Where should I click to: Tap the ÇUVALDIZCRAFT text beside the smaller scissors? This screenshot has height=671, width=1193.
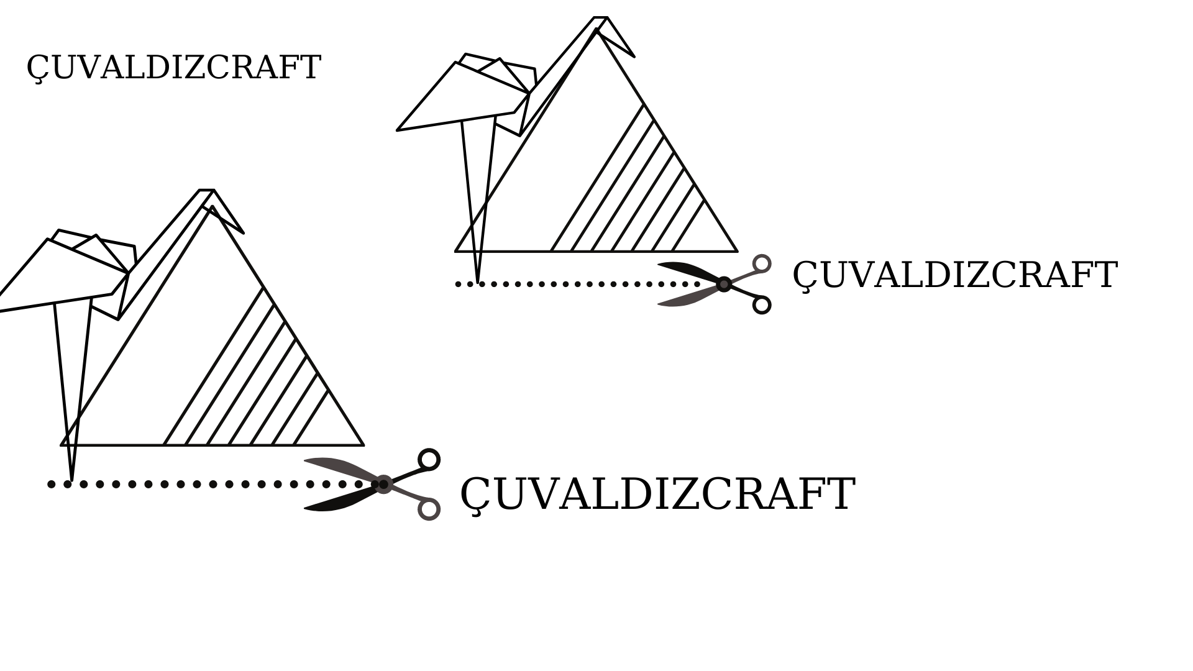click(x=954, y=275)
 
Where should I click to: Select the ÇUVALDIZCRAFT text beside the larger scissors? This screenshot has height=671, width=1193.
click(x=657, y=495)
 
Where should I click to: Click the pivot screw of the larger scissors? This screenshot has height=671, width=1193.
click(x=384, y=484)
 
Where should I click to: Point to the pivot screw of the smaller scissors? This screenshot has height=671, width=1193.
click(x=724, y=284)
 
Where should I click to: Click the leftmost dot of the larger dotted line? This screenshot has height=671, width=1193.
click(x=52, y=484)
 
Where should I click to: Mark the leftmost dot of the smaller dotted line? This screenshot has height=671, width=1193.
click(x=459, y=284)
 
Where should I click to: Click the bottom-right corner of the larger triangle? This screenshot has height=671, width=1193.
click(x=363, y=445)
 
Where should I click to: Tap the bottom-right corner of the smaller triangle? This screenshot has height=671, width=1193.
click(x=738, y=252)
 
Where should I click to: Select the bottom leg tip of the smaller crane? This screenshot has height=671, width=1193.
click(x=477, y=283)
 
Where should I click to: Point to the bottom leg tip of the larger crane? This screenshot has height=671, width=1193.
click(x=71, y=480)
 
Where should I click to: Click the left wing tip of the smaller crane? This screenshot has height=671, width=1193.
click(x=397, y=130)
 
